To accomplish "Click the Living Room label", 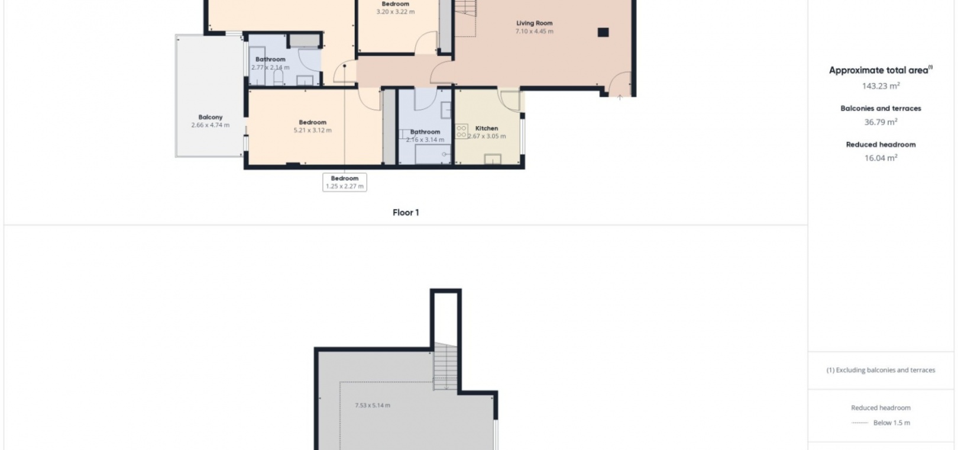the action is tap(534, 23).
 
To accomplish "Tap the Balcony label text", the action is tap(211, 117).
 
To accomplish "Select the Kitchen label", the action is tap(487, 128).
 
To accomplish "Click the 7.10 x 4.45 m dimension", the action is tap(534, 31).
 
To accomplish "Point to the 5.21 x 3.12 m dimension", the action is tap(313, 130).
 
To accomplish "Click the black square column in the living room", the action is tap(603, 32).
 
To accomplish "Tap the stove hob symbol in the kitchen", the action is tap(461, 131).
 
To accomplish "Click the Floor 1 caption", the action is tap(406, 213).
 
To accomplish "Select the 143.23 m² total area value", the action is tap(881, 86).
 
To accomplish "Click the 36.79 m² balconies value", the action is tap(881, 122).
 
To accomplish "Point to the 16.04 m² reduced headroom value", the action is tap(881, 158).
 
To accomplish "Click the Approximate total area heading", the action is tap(881, 70).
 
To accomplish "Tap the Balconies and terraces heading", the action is tap(881, 108).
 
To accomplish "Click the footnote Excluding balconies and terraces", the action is tap(881, 370).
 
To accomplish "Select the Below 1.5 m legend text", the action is tap(892, 423).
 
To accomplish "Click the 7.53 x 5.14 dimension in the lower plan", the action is tap(373, 405).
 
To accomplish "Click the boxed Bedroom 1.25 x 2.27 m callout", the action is tap(345, 182).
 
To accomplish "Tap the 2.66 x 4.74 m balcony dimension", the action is tap(211, 125).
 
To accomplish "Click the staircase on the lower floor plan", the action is tap(445, 366).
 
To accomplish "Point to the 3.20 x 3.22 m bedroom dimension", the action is tap(396, 12).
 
